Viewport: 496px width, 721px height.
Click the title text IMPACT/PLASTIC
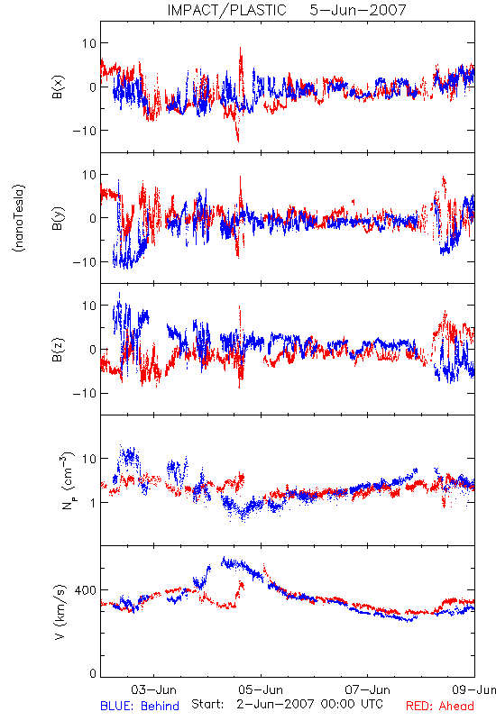point(226,10)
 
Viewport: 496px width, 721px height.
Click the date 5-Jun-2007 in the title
point(358,10)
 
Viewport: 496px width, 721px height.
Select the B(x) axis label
point(58,87)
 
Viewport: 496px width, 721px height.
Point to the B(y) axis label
point(58,218)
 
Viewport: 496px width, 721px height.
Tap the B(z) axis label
point(58,350)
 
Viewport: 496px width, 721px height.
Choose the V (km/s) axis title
point(59,612)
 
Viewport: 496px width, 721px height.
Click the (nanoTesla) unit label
point(19,218)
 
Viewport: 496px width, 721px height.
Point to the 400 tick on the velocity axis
point(86,590)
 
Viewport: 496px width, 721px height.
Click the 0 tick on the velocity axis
point(93,673)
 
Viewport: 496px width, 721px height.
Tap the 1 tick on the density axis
point(93,503)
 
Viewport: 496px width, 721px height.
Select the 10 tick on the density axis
point(89,459)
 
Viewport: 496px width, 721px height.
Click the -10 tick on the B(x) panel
point(85,131)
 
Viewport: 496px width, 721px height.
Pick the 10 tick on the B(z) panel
point(89,306)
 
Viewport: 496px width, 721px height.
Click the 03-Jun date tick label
point(153,689)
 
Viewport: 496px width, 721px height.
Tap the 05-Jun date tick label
point(261,689)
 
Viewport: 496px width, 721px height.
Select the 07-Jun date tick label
point(368,689)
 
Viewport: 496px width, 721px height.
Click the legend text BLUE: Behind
point(140,706)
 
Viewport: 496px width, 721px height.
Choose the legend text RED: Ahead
point(440,706)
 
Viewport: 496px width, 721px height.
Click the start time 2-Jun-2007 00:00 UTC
point(309,704)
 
